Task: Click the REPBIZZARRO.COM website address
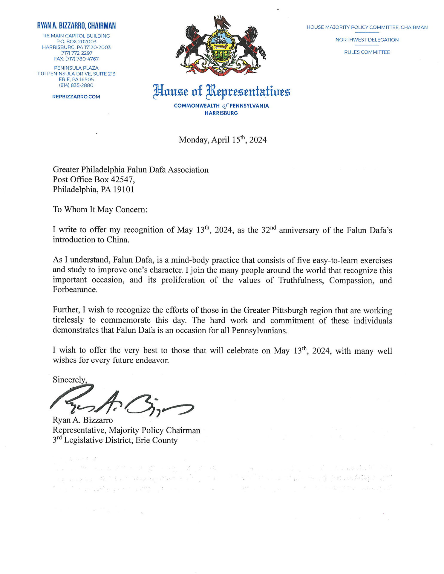click(x=76, y=97)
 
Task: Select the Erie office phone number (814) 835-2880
click(x=76, y=85)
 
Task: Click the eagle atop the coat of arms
click(x=222, y=22)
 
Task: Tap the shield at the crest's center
click(x=221, y=46)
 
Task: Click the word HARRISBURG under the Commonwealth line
click(x=221, y=113)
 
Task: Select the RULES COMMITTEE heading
click(x=367, y=52)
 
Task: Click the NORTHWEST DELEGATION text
click(x=367, y=40)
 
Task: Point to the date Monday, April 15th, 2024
click(x=223, y=140)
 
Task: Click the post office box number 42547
click(x=122, y=179)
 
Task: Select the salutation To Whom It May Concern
click(x=100, y=209)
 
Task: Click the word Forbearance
click(x=75, y=290)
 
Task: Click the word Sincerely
click(x=70, y=380)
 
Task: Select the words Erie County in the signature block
click(x=156, y=440)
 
